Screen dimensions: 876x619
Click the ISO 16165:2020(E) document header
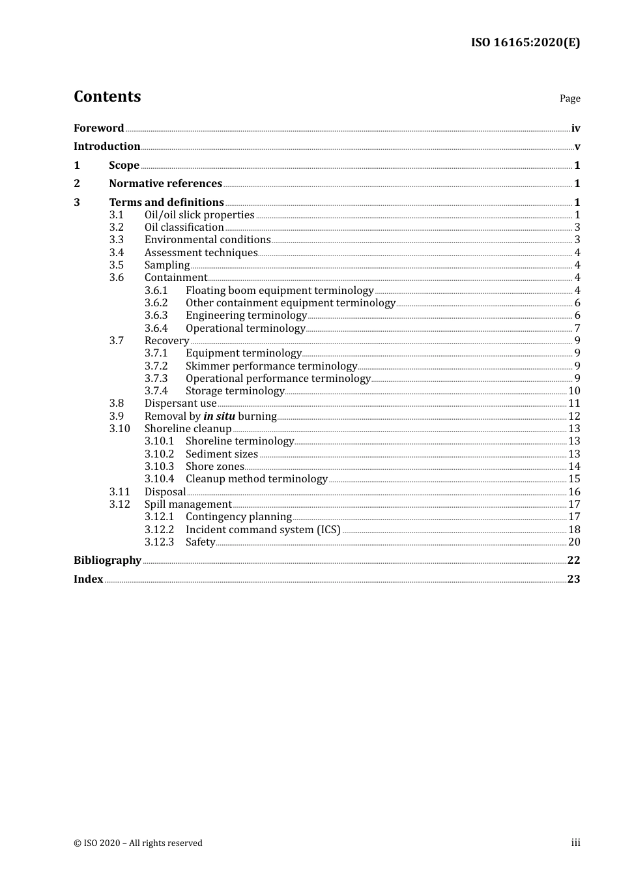525,42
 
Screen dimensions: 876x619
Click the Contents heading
107,96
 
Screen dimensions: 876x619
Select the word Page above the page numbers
569,98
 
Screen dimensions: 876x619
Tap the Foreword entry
98,128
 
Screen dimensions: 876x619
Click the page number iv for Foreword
575,128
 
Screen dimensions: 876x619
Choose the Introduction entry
107,146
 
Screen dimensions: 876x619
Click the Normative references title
166,184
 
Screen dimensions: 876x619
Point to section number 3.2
117,227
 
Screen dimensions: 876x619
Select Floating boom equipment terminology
280,291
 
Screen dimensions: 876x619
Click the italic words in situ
219,416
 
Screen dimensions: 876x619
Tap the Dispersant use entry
180,403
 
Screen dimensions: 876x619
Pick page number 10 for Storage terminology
574,391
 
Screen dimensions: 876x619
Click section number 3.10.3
160,467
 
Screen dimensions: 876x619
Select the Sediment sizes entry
222,454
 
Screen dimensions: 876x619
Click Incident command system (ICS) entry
263,530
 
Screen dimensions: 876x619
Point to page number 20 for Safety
574,542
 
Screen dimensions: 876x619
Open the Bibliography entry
108,561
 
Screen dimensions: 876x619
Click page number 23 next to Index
573,579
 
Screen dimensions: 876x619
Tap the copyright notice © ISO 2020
138,843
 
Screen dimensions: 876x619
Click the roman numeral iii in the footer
575,843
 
